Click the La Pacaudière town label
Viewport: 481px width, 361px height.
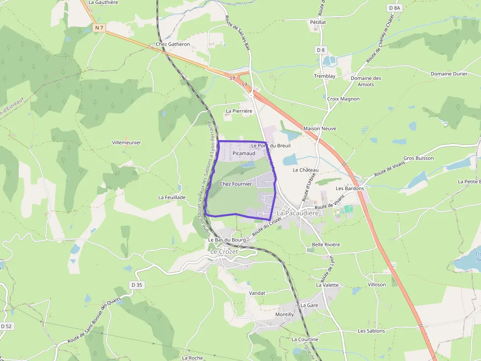click(x=298, y=214)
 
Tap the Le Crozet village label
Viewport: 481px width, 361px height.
click(x=224, y=251)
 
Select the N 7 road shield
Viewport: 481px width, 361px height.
click(x=99, y=28)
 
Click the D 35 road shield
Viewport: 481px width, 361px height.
click(x=137, y=285)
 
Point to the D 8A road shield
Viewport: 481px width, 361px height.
click(x=395, y=8)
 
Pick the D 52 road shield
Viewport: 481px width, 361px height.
click(x=6, y=326)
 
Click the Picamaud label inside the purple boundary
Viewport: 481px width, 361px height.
click(x=244, y=153)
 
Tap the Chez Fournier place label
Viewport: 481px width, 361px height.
click(x=236, y=184)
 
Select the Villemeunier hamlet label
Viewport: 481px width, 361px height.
click(x=127, y=143)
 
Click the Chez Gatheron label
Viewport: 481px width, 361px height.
click(x=172, y=44)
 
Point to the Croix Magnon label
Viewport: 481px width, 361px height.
click(x=343, y=99)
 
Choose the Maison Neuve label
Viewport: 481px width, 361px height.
click(x=320, y=128)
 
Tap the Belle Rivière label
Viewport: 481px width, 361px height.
click(x=326, y=244)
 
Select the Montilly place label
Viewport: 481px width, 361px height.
click(x=285, y=314)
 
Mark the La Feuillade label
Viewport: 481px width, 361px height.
click(x=172, y=197)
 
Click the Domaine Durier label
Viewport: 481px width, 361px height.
click(x=449, y=74)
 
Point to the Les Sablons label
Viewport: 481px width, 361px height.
click(x=371, y=331)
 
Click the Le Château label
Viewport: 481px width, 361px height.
click(x=306, y=170)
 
